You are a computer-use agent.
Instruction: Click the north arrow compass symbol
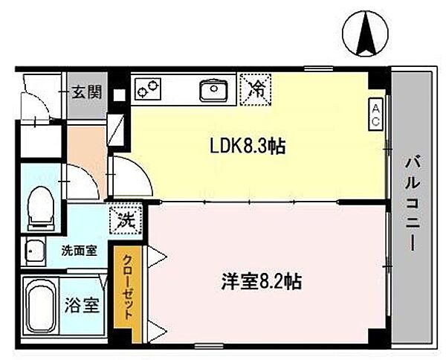pyautogui.click(x=365, y=33)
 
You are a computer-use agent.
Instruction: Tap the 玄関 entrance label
pyautogui.click(x=86, y=94)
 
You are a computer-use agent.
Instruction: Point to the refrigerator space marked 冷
pyautogui.click(x=257, y=89)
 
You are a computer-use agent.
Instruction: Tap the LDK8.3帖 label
pyautogui.click(x=246, y=147)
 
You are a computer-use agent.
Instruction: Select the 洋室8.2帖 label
pyautogui.click(x=261, y=282)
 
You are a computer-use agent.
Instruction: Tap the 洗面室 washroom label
pyautogui.click(x=78, y=251)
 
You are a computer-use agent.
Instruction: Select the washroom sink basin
pyautogui.click(x=33, y=251)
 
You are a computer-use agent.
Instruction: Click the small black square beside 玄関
pyautogui.click(x=118, y=94)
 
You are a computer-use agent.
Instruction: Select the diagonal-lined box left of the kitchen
pyautogui.click(x=117, y=129)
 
